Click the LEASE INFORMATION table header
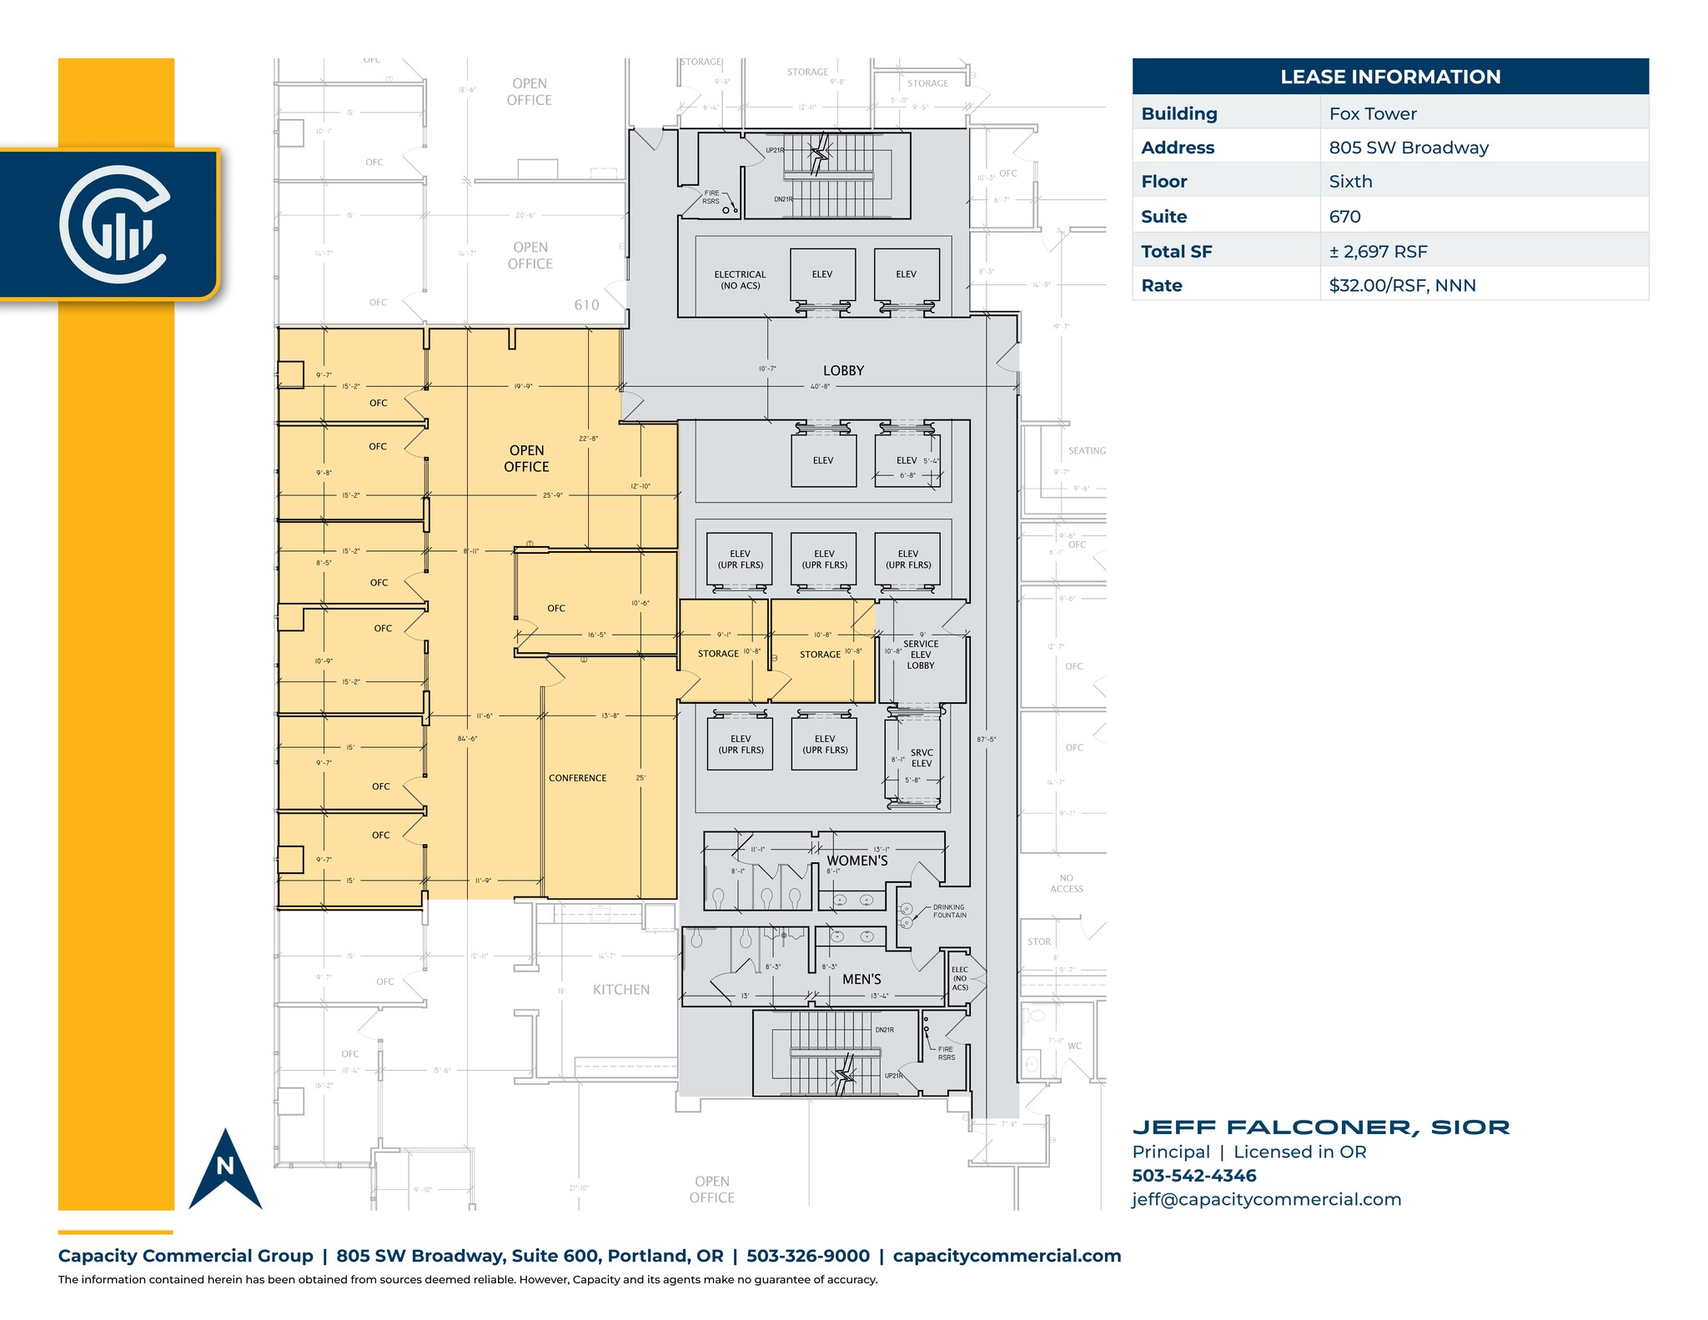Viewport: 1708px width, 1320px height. pyautogui.click(x=1389, y=77)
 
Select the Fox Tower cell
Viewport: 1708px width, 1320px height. pyautogui.click(x=1373, y=113)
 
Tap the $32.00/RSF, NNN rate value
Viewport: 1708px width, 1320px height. pyautogui.click(x=1402, y=285)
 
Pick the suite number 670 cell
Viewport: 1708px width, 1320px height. pyautogui.click(x=1344, y=217)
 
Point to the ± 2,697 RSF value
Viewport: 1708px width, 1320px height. pyautogui.click(x=1378, y=251)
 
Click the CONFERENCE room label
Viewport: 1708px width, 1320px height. pyautogui.click(x=577, y=778)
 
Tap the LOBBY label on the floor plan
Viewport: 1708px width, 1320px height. pyautogui.click(x=843, y=370)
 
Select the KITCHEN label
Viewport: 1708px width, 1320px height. pyautogui.click(x=620, y=990)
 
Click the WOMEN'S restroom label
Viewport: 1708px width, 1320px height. pyautogui.click(x=857, y=861)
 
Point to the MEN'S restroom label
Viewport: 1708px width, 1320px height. pyautogui.click(x=862, y=979)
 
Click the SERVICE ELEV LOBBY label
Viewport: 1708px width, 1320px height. pyautogui.click(x=921, y=655)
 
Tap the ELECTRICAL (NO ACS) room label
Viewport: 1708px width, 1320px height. pyautogui.click(x=740, y=279)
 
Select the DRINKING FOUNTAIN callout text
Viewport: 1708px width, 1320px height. pyautogui.click(x=949, y=911)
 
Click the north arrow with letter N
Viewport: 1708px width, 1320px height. pyautogui.click(x=225, y=1172)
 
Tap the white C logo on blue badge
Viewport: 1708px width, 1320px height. pyautogui.click(x=113, y=223)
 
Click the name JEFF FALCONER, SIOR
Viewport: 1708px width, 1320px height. pyautogui.click(x=1320, y=1127)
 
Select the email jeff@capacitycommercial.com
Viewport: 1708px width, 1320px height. pyautogui.click(x=1266, y=1199)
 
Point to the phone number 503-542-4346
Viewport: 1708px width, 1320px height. pyautogui.click(x=1193, y=1176)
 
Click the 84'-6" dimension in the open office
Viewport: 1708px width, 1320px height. pyautogui.click(x=467, y=738)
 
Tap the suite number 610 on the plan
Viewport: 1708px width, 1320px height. pyautogui.click(x=586, y=305)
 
